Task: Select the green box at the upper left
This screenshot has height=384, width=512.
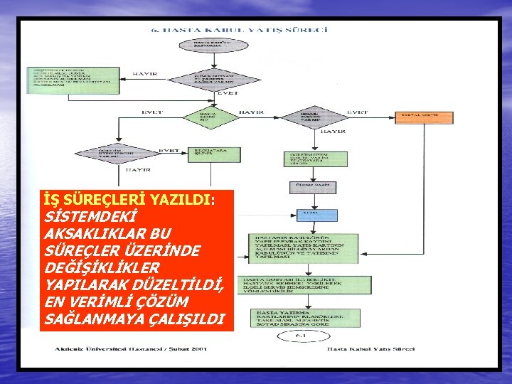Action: click(73, 80)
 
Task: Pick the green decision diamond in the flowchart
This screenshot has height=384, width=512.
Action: click(206, 116)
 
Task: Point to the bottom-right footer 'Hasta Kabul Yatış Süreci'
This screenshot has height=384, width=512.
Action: click(370, 349)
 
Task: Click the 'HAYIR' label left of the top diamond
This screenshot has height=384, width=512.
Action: click(146, 73)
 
